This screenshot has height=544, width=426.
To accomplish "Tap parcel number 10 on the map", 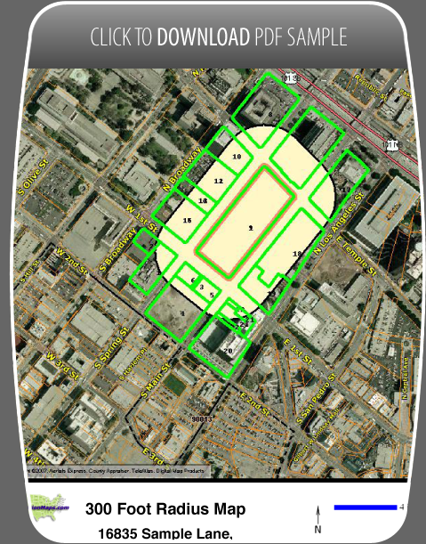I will [x=237, y=156].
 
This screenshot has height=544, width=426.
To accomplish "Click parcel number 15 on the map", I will [x=187, y=220].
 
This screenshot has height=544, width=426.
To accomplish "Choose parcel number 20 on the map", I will [x=229, y=352].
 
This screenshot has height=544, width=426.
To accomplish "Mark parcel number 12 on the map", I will [x=218, y=181].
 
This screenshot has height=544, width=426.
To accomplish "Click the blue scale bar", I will [x=365, y=507].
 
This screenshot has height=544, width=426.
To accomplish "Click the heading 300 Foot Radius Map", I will [x=165, y=509].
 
